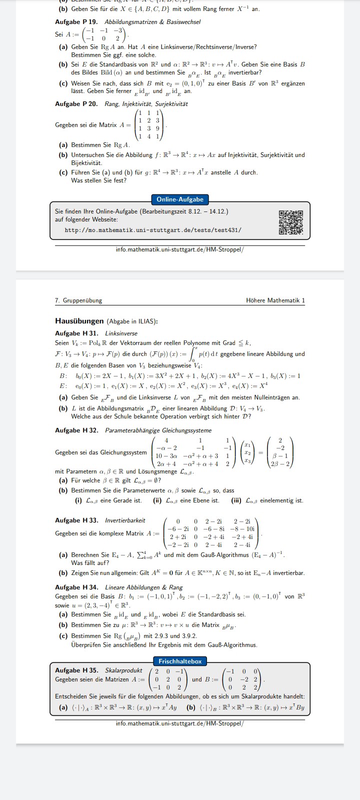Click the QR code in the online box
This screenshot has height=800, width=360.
point(291,222)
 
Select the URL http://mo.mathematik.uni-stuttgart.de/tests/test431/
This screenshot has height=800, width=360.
point(153,230)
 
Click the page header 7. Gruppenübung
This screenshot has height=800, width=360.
point(78,300)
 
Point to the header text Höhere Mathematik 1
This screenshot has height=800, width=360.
point(275,300)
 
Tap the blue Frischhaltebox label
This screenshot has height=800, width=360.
point(180,661)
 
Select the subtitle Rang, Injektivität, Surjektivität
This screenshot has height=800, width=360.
point(146,104)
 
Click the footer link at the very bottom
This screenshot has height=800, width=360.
point(179,723)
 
